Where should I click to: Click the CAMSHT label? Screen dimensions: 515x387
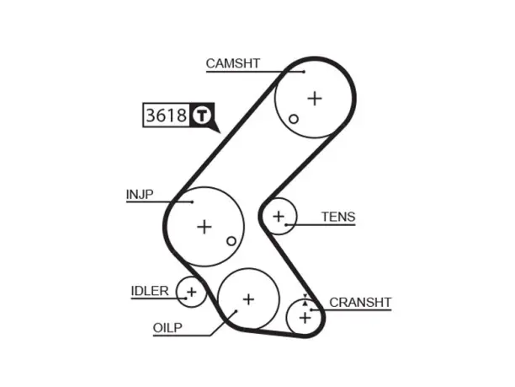click(233, 63)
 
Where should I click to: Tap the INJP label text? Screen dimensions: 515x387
click(140, 194)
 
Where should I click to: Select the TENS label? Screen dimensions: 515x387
click(338, 217)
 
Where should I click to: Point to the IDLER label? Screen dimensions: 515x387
click(150, 291)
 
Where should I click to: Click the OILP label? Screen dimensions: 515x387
click(167, 328)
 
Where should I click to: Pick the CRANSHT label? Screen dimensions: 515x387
click(360, 303)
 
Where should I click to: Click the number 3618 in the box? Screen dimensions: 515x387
click(166, 116)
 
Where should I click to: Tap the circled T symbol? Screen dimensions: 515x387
click(202, 116)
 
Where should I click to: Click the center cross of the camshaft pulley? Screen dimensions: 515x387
click(315, 99)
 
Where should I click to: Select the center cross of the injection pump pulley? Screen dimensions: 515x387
click(204, 227)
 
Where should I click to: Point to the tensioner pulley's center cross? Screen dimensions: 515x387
click(279, 217)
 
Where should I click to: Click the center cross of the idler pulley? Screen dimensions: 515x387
click(192, 292)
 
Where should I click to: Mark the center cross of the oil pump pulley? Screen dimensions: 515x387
click(248, 299)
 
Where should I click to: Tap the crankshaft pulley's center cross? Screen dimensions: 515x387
click(305, 318)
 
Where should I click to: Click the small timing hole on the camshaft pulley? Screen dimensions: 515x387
click(294, 119)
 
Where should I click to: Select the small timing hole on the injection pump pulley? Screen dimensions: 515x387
click(231, 241)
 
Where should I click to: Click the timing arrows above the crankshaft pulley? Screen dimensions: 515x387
click(305, 300)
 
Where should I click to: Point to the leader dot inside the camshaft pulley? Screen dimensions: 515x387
click(304, 72)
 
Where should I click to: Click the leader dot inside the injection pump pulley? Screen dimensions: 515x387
click(193, 202)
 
